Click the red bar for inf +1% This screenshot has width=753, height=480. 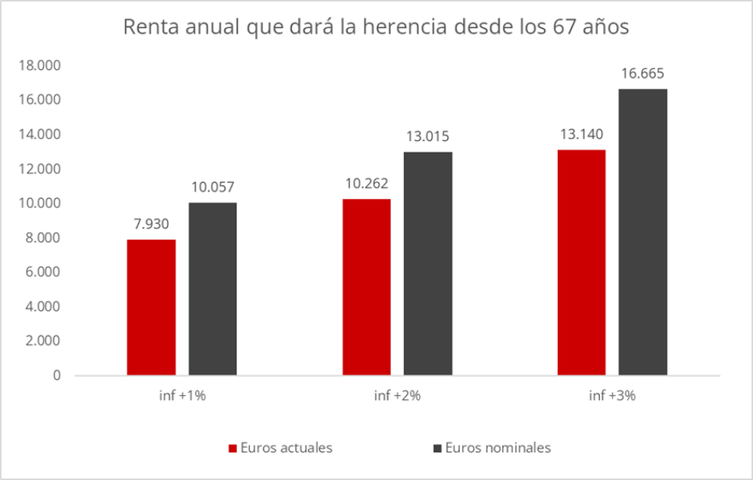(x=151, y=307)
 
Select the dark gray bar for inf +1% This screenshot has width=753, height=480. (x=212, y=289)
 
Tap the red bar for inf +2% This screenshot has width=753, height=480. (x=366, y=287)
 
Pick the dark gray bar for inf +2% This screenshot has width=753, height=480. (x=428, y=263)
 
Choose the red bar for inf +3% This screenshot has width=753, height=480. (x=582, y=262)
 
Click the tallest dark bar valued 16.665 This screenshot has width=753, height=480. (x=642, y=232)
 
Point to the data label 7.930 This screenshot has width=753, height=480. (x=151, y=225)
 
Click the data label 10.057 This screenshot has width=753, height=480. (x=212, y=188)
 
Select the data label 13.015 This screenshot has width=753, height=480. (x=428, y=138)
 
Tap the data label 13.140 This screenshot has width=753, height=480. (x=582, y=134)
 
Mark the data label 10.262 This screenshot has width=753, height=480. (x=366, y=184)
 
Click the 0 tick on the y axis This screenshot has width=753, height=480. (x=57, y=375)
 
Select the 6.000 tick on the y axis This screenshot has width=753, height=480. (x=44, y=272)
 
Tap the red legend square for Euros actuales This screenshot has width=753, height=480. (x=233, y=448)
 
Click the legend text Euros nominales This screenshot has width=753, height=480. (x=497, y=448)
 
